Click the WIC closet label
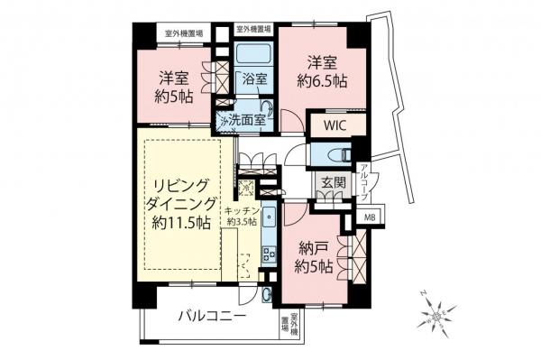tap(329, 125)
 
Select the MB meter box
tap(370, 217)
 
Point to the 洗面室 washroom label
tap(245, 118)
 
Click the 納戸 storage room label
tap(314, 246)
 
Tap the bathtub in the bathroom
tap(256, 51)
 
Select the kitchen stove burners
tap(268, 254)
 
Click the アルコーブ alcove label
tap(364, 179)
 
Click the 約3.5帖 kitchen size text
tap(242, 221)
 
